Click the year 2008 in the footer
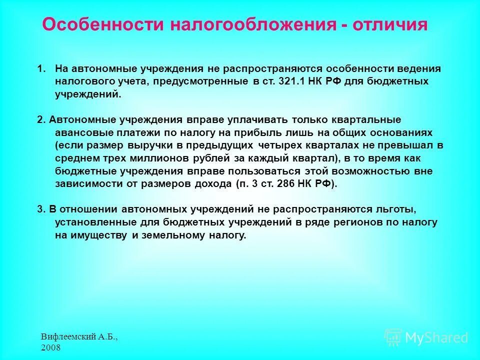[x=50, y=347]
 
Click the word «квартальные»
[x=370, y=119]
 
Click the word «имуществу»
[x=98, y=235]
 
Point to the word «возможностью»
[x=368, y=171]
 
